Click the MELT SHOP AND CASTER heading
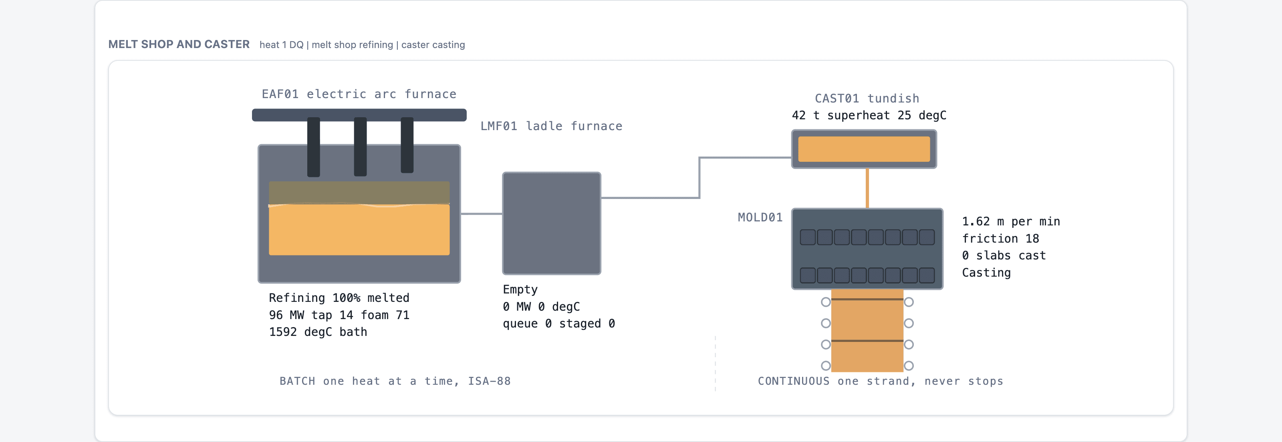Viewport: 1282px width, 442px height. point(179,44)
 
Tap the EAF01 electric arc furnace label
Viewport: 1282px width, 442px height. point(359,94)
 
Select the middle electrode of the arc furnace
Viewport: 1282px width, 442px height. point(360,147)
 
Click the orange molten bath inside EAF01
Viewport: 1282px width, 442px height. point(359,230)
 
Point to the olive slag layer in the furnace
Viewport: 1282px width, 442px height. point(359,193)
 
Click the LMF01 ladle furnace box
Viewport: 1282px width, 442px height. point(551,223)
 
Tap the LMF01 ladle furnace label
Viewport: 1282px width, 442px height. point(551,126)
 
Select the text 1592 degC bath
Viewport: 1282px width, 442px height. point(318,332)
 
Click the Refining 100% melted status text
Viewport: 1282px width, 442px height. point(339,298)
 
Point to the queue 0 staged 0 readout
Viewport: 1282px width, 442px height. point(559,323)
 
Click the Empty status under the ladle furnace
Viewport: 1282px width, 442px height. point(520,290)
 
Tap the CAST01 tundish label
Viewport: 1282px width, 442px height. point(867,98)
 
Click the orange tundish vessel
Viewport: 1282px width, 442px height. point(864,149)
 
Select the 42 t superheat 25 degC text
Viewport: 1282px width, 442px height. point(869,115)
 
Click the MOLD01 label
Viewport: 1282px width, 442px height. point(760,217)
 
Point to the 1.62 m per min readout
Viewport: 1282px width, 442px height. point(1011,222)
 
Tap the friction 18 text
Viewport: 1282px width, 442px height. point(1000,239)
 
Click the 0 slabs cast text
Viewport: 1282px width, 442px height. point(1004,255)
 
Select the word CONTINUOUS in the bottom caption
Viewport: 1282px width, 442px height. point(793,381)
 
